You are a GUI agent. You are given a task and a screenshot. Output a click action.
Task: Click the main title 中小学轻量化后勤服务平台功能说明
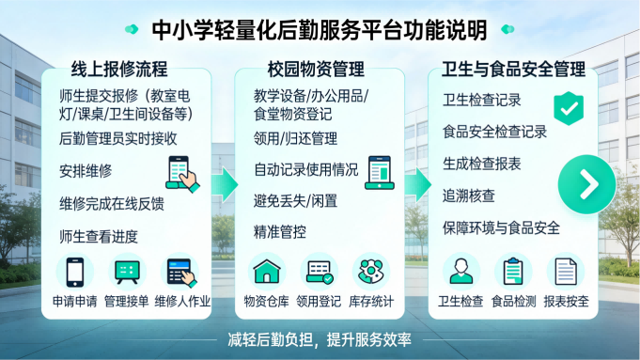pyautogui.click(x=320, y=30)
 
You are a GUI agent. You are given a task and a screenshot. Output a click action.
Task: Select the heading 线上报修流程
pyautogui.click(x=118, y=69)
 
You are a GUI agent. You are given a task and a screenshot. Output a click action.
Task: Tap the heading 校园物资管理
pyautogui.click(x=319, y=69)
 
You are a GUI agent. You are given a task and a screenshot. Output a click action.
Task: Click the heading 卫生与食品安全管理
pyautogui.click(x=513, y=69)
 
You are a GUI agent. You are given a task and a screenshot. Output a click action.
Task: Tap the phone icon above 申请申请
pyautogui.click(x=74, y=272)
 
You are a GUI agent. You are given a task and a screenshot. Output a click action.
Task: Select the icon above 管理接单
pyautogui.click(x=129, y=272)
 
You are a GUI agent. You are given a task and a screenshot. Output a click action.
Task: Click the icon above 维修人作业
pyautogui.click(x=182, y=272)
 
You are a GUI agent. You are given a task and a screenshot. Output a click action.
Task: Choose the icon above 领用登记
pyautogui.click(x=320, y=272)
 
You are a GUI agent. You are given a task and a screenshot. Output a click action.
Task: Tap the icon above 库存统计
pyautogui.click(x=371, y=272)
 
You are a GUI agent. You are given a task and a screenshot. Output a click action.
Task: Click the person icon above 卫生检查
pyautogui.click(x=460, y=272)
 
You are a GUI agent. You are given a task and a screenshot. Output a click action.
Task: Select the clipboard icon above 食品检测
pyautogui.click(x=513, y=272)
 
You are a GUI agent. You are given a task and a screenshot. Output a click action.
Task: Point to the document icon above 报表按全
pyautogui.click(x=565, y=272)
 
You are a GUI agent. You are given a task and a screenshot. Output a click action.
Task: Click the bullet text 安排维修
pyautogui.click(x=86, y=171)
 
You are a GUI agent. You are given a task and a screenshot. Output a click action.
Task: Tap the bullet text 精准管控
pyautogui.click(x=279, y=231)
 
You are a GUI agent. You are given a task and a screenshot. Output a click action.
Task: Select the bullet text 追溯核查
pyautogui.click(x=469, y=196)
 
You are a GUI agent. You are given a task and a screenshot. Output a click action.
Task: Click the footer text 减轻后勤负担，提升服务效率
pyautogui.click(x=320, y=340)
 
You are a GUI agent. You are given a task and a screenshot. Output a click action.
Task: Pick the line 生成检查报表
pyautogui.click(x=482, y=164)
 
